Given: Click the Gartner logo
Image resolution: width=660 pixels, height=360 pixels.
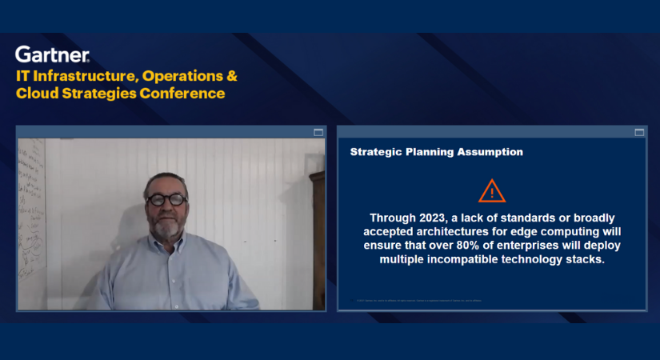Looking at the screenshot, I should click(52, 54).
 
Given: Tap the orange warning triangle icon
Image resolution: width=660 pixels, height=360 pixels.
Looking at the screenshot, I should click(492, 191).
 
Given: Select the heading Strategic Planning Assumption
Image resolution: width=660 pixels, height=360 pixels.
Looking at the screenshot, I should click(437, 151).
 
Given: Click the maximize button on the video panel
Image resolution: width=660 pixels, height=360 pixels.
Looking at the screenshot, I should click(318, 132).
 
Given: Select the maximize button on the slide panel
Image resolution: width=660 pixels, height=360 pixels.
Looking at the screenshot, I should click(639, 132).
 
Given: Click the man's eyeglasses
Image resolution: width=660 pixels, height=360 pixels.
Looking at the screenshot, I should click(166, 198).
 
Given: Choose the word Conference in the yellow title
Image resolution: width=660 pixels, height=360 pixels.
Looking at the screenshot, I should click(182, 94).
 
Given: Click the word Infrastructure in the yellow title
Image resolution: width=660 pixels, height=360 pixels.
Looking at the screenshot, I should click(89, 76).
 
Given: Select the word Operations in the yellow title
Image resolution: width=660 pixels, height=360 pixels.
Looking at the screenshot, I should click(183, 76).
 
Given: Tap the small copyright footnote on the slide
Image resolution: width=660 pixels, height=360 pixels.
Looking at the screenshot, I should click(419, 301).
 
